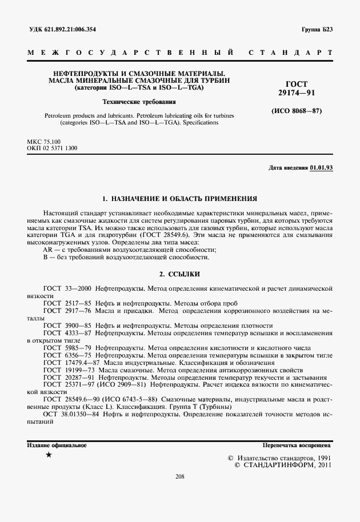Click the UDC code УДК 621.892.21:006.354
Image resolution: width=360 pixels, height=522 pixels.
click(x=62, y=29)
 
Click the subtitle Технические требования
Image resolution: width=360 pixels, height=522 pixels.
click(x=131, y=102)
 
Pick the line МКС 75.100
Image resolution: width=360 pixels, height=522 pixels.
click(x=44, y=140)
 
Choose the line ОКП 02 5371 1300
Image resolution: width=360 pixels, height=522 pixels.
click(x=52, y=148)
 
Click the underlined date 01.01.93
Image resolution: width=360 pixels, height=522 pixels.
click(x=321, y=168)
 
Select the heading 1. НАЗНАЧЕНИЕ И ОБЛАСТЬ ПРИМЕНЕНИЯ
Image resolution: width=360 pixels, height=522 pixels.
click(x=179, y=199)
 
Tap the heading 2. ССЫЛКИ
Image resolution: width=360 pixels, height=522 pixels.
click(x=179, y=274)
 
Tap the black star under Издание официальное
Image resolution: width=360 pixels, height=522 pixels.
click(x=49, y=455)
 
